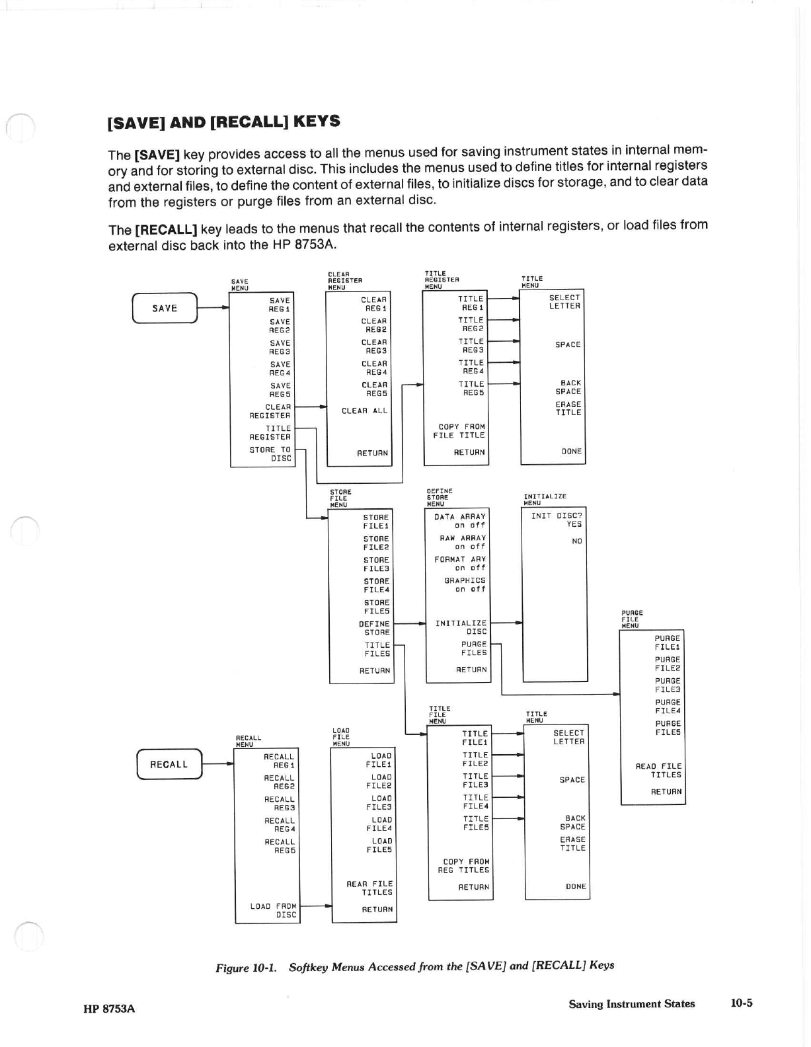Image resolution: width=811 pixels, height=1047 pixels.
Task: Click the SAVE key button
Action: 165,308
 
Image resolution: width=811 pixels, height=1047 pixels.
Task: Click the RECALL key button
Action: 169,764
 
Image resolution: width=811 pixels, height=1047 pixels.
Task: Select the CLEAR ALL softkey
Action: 364,410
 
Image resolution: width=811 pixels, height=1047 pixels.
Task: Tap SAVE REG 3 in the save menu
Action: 280,347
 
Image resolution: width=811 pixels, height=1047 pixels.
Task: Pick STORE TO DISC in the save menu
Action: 270,453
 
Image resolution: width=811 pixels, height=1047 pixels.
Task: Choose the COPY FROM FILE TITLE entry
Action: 461,431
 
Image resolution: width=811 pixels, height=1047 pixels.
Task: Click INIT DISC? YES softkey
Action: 557,520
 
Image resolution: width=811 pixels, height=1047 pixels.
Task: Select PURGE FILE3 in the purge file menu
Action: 667,685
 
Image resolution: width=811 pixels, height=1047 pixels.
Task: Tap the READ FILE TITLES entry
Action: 658,770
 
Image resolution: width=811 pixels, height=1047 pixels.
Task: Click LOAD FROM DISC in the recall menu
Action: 274,910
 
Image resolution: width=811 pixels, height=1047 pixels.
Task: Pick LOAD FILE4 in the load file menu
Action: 379,824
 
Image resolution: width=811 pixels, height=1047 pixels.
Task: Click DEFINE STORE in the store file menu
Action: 374,628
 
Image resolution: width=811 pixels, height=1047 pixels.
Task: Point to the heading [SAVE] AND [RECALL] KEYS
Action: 224,122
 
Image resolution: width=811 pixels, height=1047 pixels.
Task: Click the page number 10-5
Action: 741,1003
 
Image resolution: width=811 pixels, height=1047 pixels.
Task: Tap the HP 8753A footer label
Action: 109,1008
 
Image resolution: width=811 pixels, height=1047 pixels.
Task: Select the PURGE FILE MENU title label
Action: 631,619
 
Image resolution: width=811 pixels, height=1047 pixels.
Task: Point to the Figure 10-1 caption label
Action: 245,968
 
